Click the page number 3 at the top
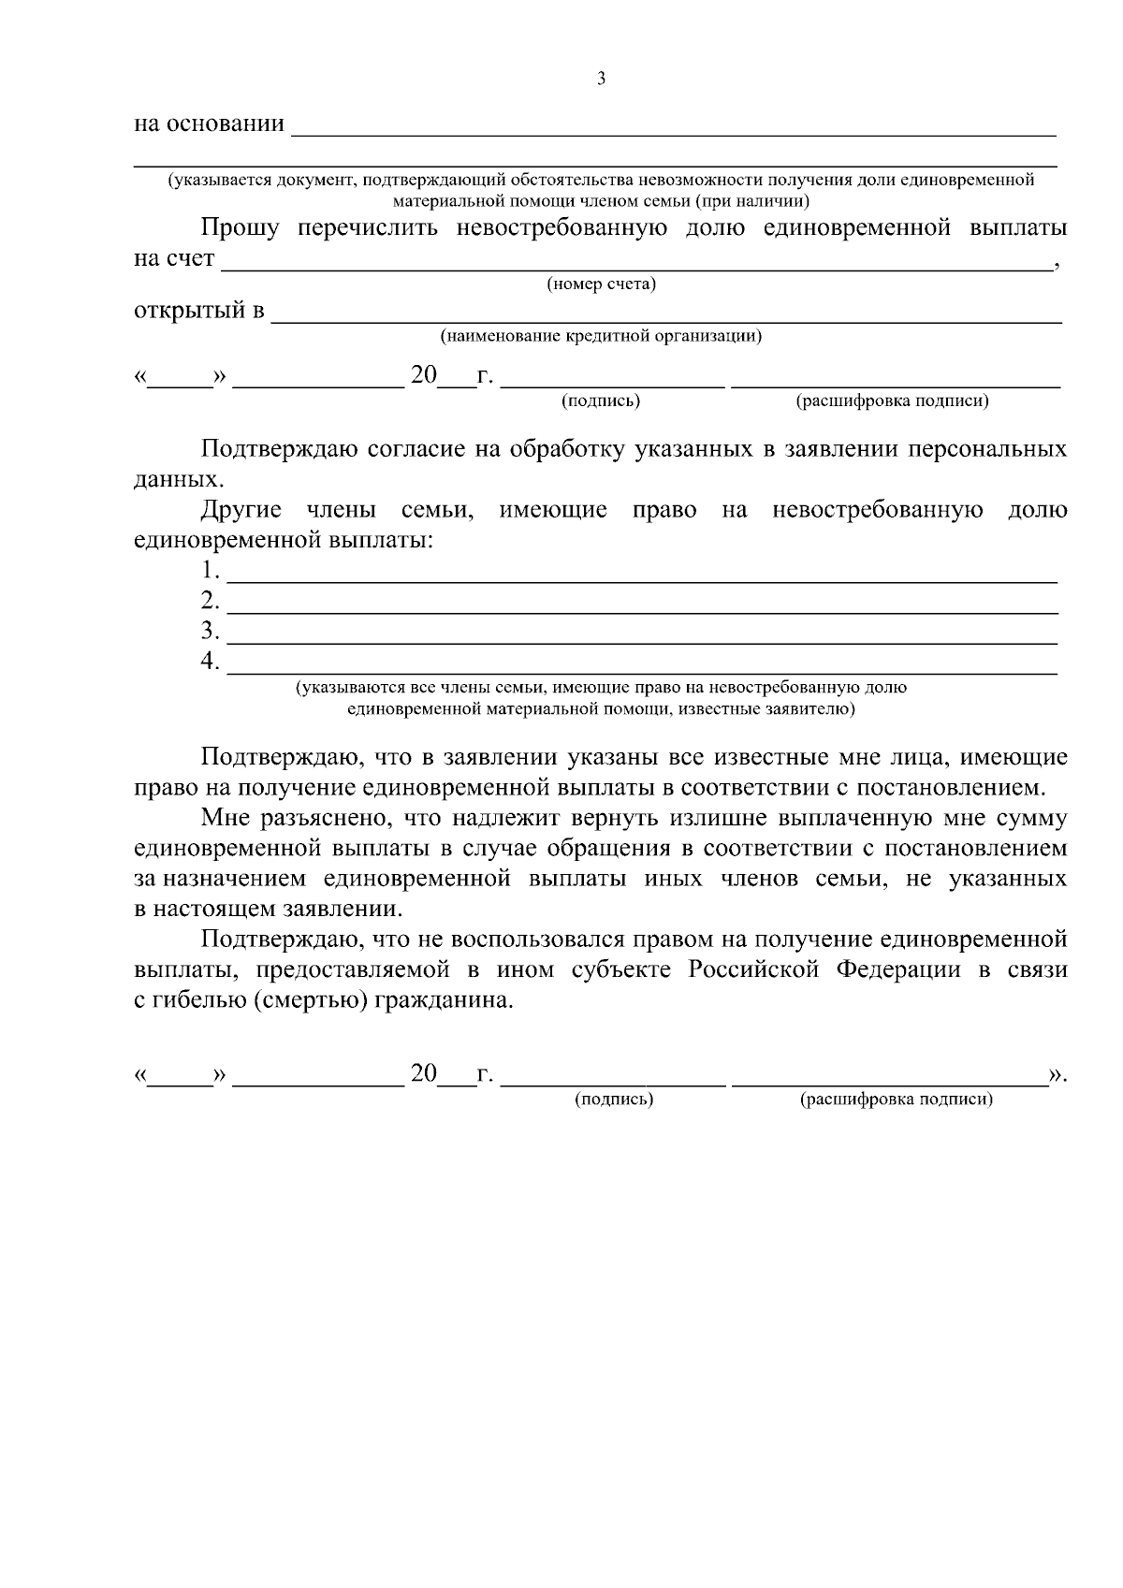click(x=601, y=80)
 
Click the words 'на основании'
click(x=209, y=124)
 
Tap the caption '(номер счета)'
click(x=601, y=284)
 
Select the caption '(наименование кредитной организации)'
click(x=601, y=336)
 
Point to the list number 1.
click(x=210, y=570)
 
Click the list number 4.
click(x=210, y=662)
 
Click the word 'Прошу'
click(x=239, y=229)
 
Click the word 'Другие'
click(x=241, y=511)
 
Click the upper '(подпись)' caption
click(x=601, y=401)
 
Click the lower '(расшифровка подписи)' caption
click(x=896, y=1100)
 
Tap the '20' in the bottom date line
click(x=423, y=1073)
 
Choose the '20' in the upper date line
click(x=423, y=375)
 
